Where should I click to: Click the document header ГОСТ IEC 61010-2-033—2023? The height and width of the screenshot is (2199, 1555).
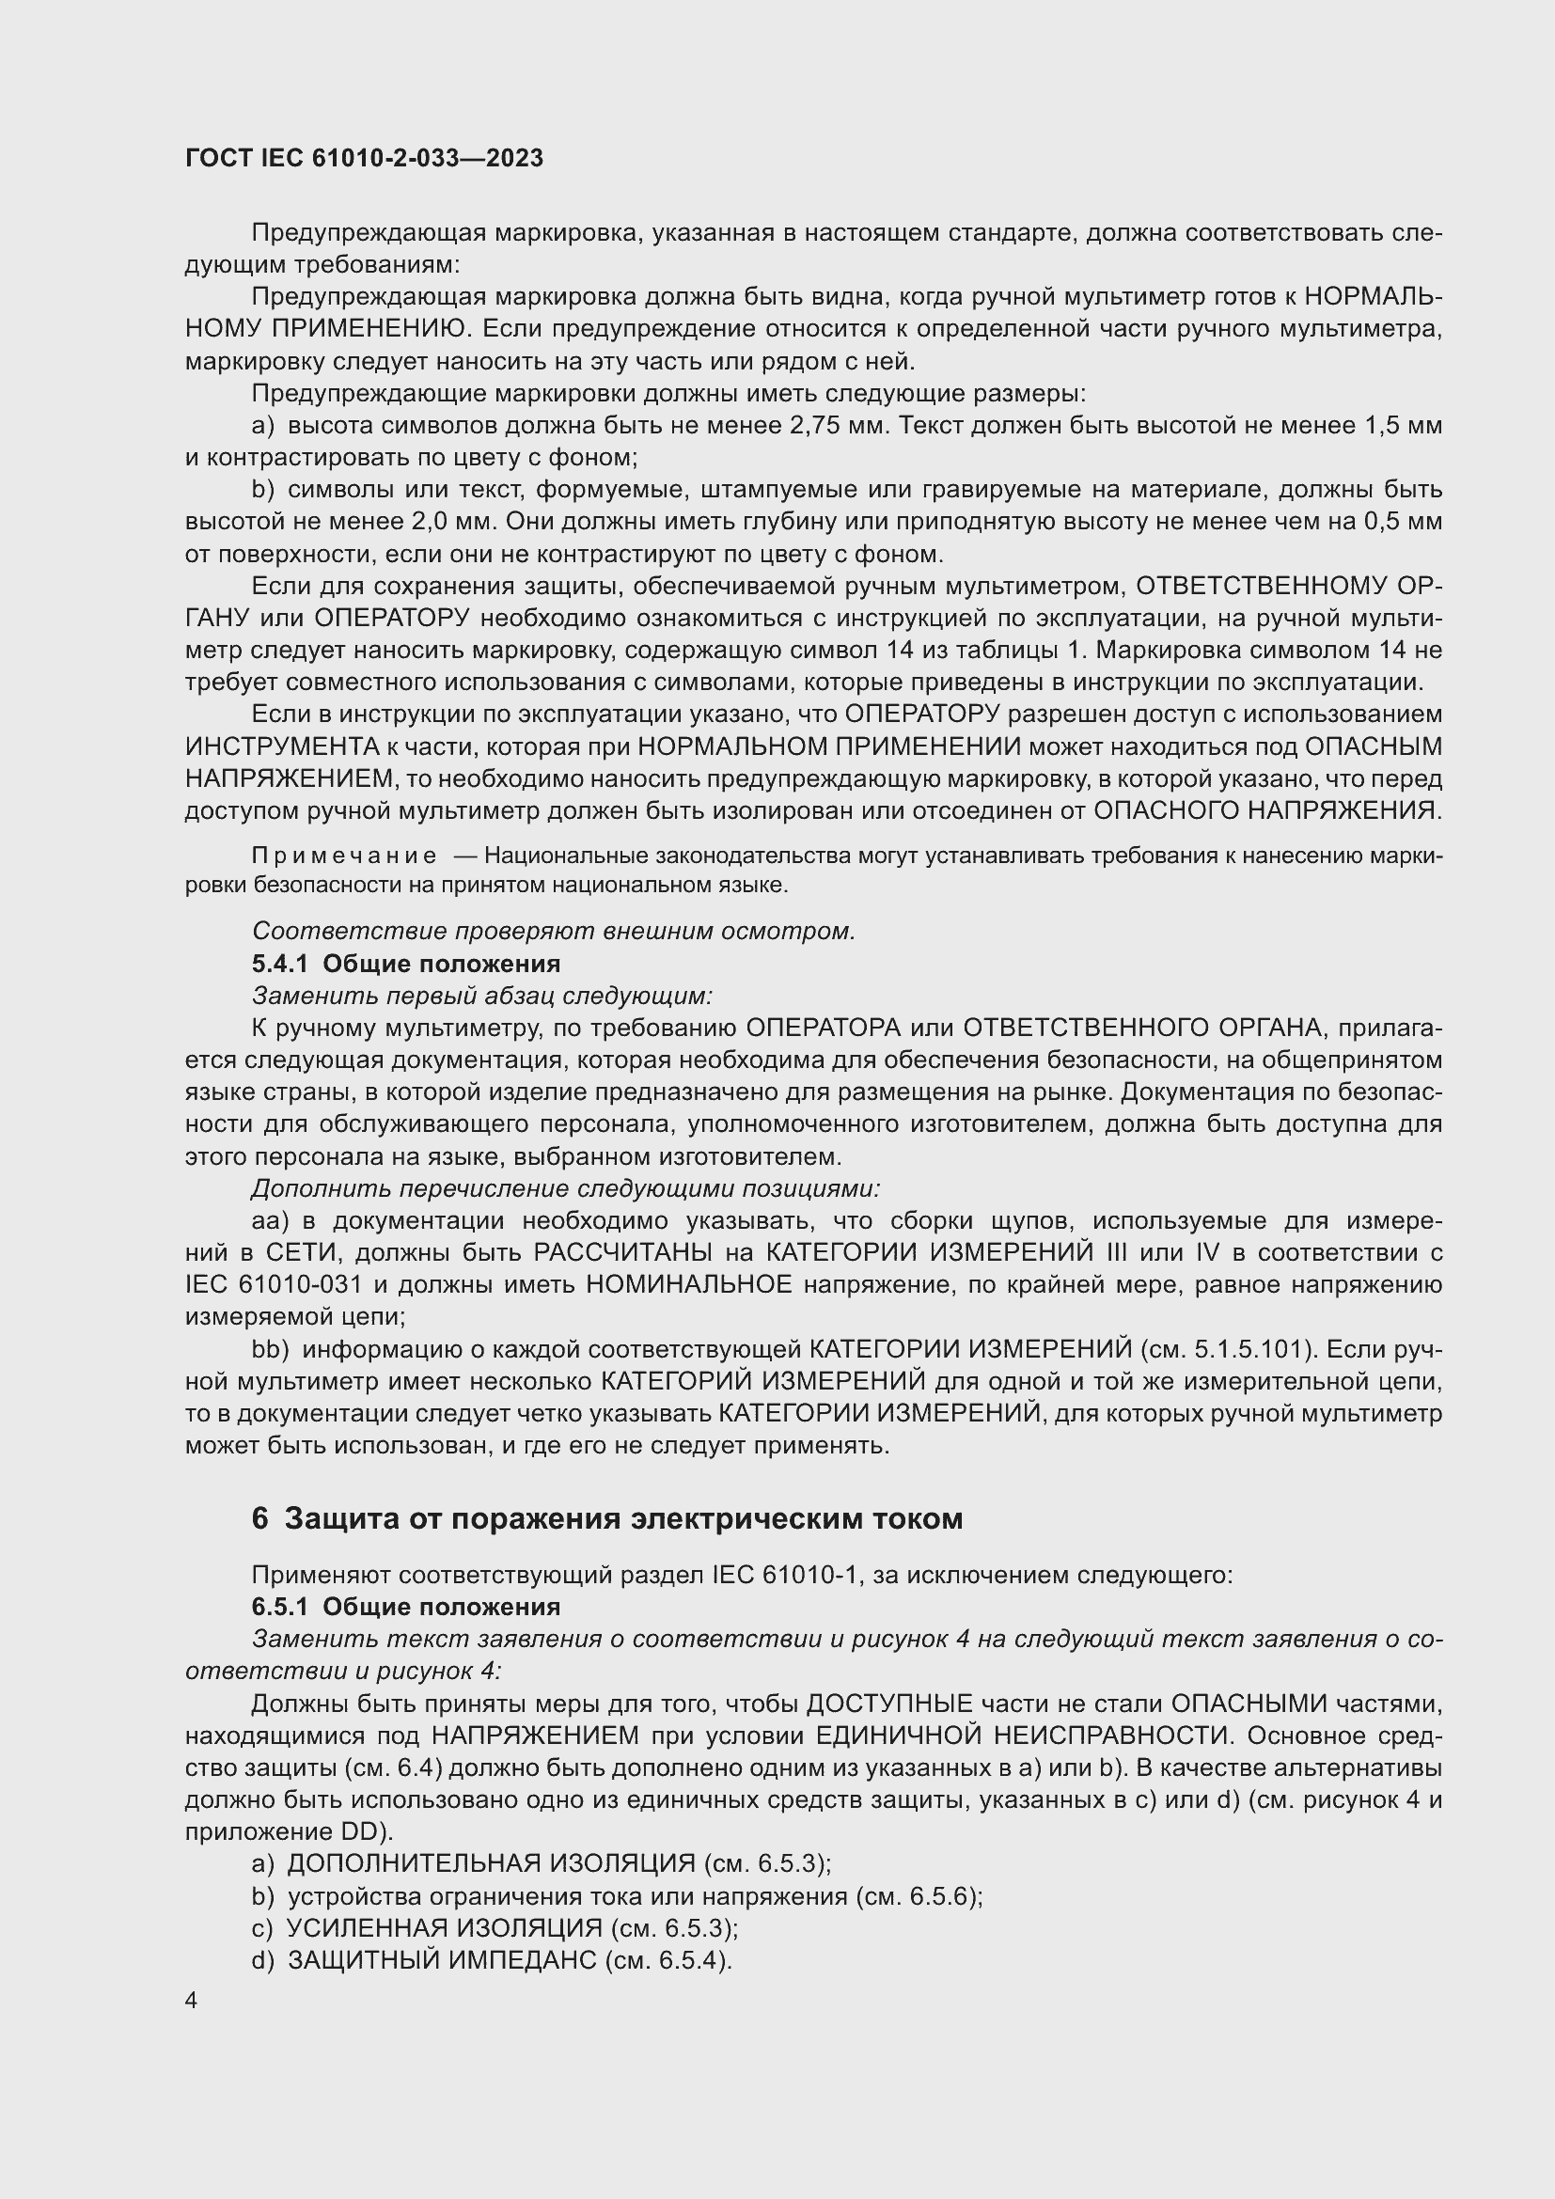pos(364,158)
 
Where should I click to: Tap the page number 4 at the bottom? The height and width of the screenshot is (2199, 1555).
pos(192,2001)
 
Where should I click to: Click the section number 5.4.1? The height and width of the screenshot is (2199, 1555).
pos(279,964)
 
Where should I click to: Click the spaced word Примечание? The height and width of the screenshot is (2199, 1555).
pos(344,856)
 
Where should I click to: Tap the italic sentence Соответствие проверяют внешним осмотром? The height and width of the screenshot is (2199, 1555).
pos(554,931)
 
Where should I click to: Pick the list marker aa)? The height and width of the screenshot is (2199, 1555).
pos(270,1221)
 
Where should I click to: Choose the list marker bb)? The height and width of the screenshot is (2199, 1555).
pos(270,1349)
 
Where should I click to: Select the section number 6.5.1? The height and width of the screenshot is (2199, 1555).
pos(279,1606)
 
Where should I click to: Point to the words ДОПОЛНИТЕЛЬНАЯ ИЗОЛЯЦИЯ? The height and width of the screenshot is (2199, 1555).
pos(491,1862)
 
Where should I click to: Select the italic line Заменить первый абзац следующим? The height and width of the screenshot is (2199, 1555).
pos(481,996)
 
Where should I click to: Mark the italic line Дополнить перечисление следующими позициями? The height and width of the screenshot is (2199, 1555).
pos(565,1188)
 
